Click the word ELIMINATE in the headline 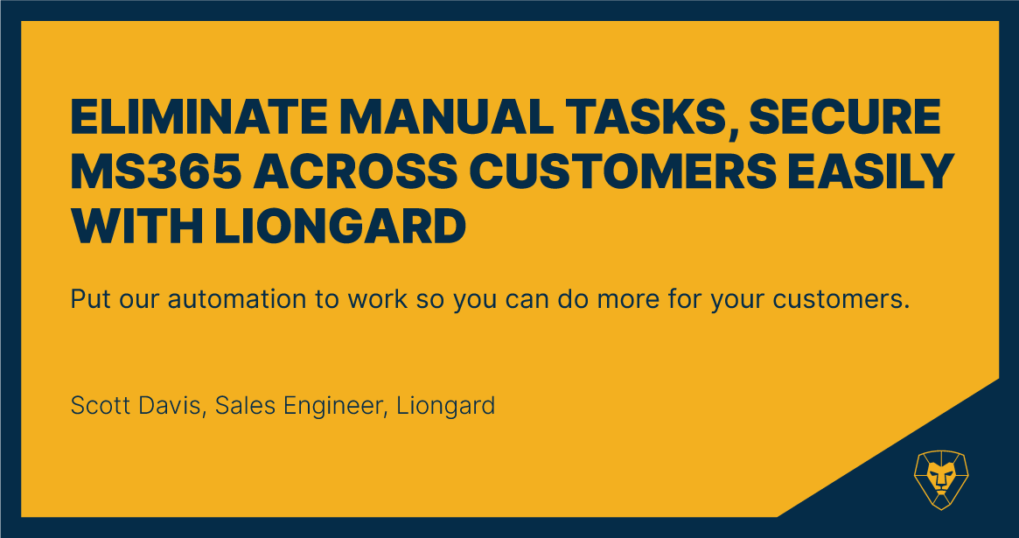pyautogui.click(x=200, y=117)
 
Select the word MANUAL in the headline pyautogui.click(x=442, y=117)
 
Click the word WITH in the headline pyautogui.click(x=137, y=227)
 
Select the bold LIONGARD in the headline pyautogui.click(x=340, y=227)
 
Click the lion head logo pyautogui.click(x=941, y=479)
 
